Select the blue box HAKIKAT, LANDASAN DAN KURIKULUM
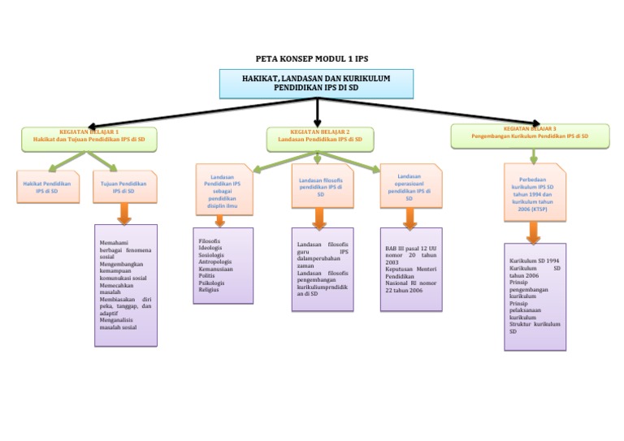coord(316,83)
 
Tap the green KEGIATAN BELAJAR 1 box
coord(89,139)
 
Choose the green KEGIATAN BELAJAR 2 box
coord(319,139)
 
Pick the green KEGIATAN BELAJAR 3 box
coord(530,136)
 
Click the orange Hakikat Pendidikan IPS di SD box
coord(47,187)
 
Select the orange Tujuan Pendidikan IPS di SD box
coord(123,187)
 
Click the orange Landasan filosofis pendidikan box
coord(320,186)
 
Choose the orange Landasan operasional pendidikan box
coord(409,186)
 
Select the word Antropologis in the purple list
coord(215,262)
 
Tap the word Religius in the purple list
coord(209,289)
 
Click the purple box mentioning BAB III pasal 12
coord(411,268)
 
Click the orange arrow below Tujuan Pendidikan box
coord(124,214)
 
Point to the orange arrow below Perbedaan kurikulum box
coord(533,233)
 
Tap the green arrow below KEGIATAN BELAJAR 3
coord(533,155)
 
